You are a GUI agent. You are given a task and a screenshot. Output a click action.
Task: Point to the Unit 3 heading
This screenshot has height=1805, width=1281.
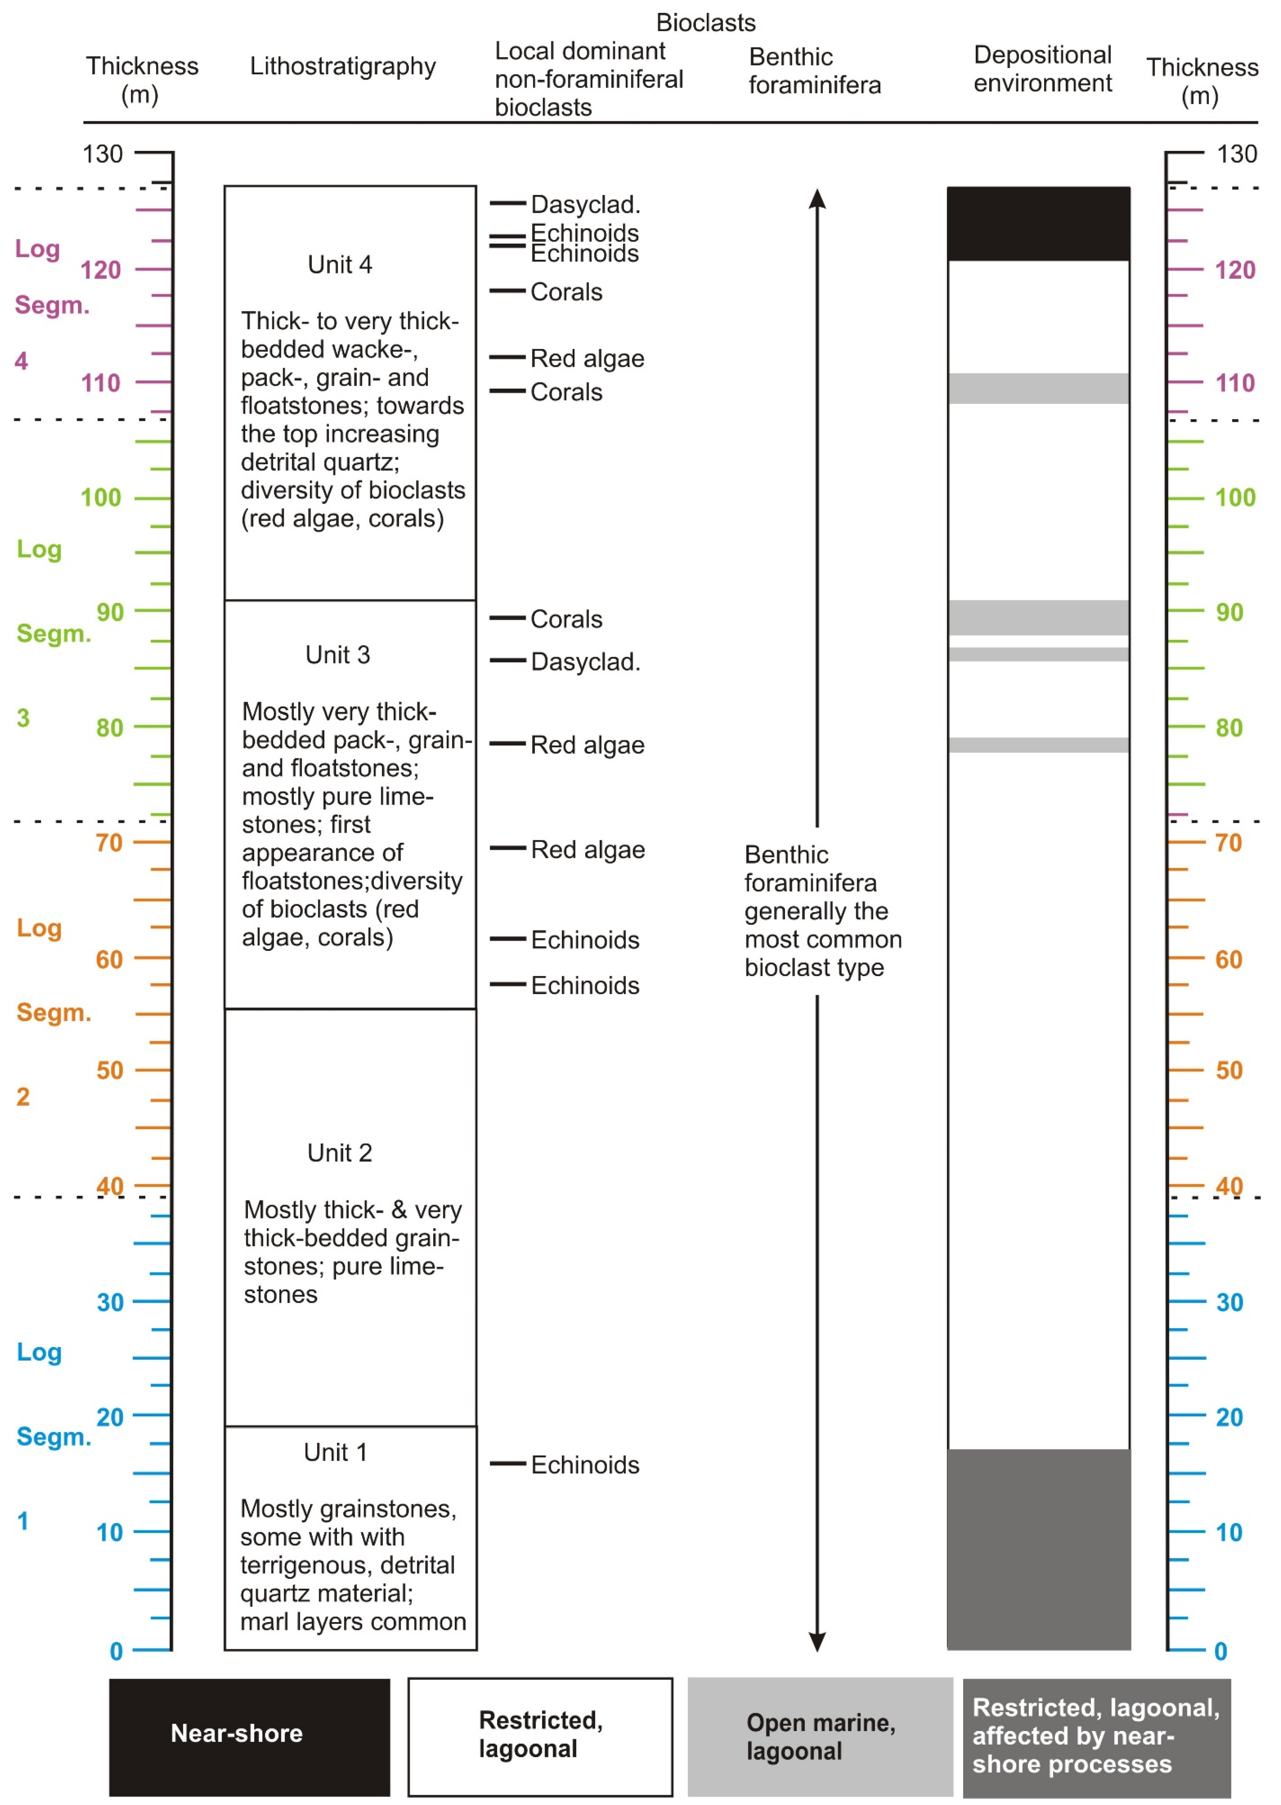pyautogui.click(x=338, y=655)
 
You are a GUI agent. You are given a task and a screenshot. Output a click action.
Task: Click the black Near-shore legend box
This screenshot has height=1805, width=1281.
pyautogui.click(x=249, y=1736)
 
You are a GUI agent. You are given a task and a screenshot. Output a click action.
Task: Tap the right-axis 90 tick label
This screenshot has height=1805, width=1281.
pyautogui.click(x=1229, y=612)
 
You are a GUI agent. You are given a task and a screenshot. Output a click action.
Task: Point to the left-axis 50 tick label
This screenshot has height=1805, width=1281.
pyautogui.click(x=110, y=1070)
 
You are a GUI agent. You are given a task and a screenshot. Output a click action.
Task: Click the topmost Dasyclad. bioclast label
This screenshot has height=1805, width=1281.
pyautogui.click(x=585, y=204)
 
